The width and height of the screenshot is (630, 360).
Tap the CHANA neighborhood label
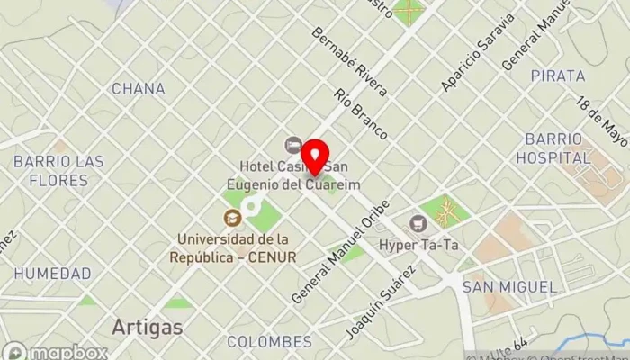pos(138,88)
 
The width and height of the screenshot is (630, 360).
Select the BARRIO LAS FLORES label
pos(58,170)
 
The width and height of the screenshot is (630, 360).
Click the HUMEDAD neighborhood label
pos(52,273)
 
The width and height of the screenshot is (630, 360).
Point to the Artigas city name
pos(147,326)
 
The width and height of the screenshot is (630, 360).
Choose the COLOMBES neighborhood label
pos(269,342)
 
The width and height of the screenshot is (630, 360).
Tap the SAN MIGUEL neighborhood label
pos(509,286)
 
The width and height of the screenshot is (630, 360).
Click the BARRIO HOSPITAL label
pos(553,148)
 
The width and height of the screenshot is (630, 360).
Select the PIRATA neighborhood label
pos(558,76)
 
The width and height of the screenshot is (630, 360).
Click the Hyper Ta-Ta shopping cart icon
pos(418,222)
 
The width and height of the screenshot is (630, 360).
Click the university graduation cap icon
pos(232,218)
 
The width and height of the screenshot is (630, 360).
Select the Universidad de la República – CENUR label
pos(233,247)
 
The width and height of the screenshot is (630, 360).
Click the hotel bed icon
pos(293,145)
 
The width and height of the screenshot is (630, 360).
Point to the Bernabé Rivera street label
pos(348,62)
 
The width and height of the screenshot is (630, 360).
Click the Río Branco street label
pos(360,113)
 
